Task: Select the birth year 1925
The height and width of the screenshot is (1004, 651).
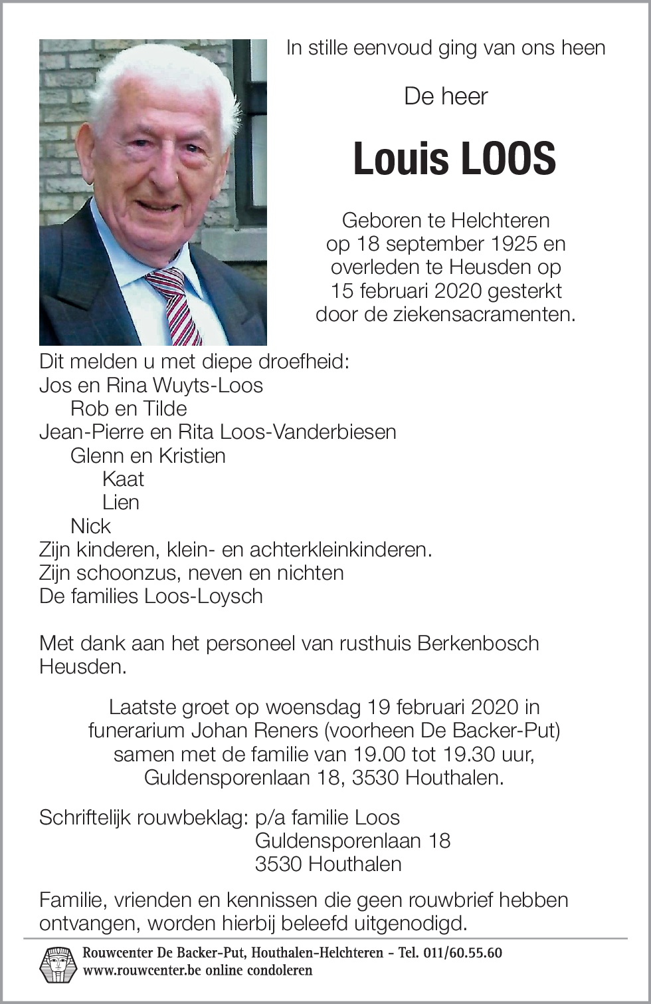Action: pos(508,243)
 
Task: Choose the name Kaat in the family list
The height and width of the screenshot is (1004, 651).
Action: pos(123,479)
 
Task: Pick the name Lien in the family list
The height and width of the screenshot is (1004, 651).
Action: pos(121,502)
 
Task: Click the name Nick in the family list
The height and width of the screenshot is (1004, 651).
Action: pos(90,526)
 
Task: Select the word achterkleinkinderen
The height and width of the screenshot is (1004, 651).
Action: pos(340,549)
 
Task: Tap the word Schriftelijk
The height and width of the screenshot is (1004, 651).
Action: pos(84,817)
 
